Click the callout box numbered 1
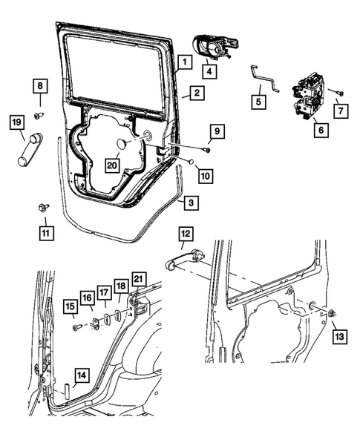point(183,62)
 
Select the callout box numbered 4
point(210,71)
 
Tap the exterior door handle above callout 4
point(214,47)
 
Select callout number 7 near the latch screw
point(341,111)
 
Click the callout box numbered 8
point(40,87)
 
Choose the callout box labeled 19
point(15,121)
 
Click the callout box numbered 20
point(112,165)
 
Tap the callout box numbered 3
point(192,202)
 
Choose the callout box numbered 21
point(138,279)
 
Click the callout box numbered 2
point(195,93)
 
